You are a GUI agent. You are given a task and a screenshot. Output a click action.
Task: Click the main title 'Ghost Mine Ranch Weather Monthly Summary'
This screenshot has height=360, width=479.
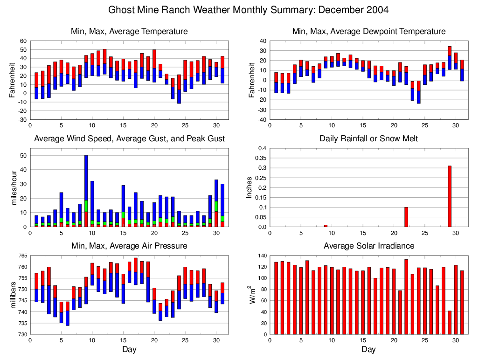(248, 10)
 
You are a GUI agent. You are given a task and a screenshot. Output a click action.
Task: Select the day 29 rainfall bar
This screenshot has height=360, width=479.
(450, 196)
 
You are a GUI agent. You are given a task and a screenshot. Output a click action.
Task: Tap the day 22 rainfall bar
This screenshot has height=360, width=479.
(406, 217)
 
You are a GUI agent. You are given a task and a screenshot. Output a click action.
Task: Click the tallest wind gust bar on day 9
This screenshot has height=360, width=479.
(86, 191)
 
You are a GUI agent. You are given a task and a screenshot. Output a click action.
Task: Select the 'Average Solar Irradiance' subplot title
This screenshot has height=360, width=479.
(368, 246)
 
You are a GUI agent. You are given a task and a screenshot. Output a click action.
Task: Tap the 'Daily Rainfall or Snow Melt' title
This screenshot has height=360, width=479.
(368, 138)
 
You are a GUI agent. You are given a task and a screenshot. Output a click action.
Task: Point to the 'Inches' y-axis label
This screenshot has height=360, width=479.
(250, 187)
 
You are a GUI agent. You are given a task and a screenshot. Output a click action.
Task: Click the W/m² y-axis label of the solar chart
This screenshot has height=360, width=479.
(250, 295)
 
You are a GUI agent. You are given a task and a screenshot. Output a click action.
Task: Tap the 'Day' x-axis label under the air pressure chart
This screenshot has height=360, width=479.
(129, 349)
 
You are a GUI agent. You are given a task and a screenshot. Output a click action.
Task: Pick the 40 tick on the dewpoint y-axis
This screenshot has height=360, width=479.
(262, 41)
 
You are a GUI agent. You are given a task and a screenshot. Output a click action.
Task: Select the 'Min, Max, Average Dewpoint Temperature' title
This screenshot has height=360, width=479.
(368, 31)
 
